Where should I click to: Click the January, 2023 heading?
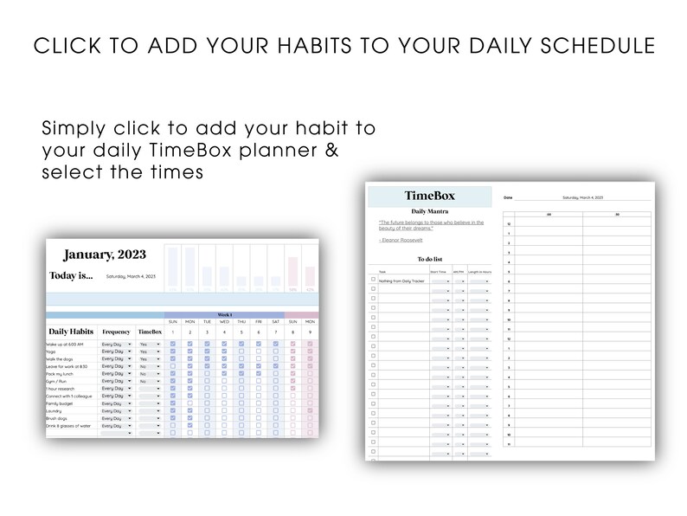pyautogui.click(x=105, y=255)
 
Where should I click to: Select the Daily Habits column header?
pyautogui.click(x=72, y=332)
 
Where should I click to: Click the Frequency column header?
pyautogui.click(x=117, y=332)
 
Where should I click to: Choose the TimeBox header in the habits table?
pyautogui.click(x=149, y=332)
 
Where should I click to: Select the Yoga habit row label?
pyautogui.click(x=52, y=352)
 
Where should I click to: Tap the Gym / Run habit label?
pyautogui.click(x=58, y=381)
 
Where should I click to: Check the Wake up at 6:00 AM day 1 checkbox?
pyautogui.click(x=172, y=345)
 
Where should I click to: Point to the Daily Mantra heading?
pyautogui.click(x=430, y=211)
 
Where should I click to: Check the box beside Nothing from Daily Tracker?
pyautogui.click(x=373, y=280)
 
